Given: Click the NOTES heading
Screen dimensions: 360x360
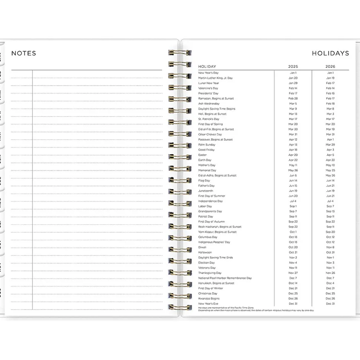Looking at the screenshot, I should [24, 53].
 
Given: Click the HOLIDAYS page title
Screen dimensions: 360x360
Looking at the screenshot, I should [330, 53].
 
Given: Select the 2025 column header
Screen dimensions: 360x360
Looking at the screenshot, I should [293, 67].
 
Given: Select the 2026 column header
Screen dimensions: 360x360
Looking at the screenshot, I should [330, 67].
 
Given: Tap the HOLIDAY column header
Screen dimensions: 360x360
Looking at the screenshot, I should [207, 67].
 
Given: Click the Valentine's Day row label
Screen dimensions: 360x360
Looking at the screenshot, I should [208, 88].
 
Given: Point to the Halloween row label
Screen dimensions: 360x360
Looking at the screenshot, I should [205, 252].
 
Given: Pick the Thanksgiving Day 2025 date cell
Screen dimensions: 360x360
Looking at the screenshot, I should [293, 273].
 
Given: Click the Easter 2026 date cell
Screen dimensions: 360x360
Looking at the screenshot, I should [330, 155].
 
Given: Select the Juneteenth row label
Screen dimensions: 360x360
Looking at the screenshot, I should [206, 191].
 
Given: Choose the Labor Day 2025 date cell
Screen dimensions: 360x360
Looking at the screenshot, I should [293, 206].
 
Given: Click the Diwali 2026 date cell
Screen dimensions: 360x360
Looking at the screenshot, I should [330, 247].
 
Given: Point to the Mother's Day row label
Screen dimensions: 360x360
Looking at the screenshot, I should [207, 165].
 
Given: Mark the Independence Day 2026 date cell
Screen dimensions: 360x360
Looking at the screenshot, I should [330, 201].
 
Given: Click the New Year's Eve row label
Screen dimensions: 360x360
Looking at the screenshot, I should [208, 304].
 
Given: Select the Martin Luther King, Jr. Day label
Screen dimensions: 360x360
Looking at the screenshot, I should [215, 78].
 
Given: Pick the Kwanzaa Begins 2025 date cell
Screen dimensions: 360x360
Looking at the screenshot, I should [293, 298].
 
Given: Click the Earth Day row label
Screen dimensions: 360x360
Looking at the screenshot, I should [204, 160].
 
